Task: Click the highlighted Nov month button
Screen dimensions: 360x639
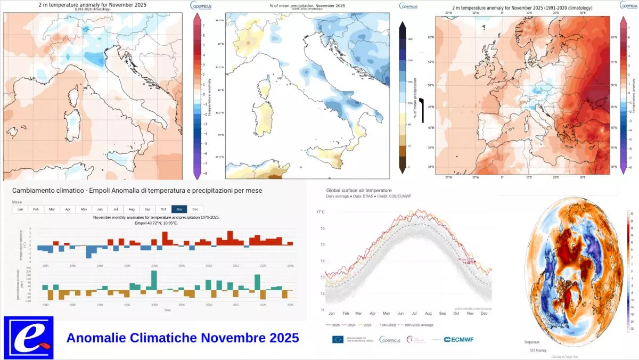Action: point(179,209)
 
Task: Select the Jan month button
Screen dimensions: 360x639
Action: point(20,209)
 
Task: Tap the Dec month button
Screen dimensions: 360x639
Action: point(195,209)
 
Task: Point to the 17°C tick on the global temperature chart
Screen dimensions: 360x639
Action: point(321,212)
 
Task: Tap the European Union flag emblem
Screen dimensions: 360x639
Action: point(338,339)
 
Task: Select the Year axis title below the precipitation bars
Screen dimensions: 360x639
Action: point(168,309)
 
